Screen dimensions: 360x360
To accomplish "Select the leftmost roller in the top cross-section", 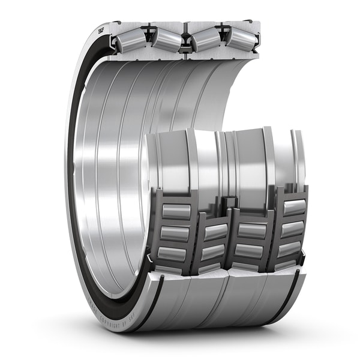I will pyautogui.click(x=130, y=40).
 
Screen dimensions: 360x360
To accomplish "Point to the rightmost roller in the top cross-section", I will pyautogui.click(x=241, y=39).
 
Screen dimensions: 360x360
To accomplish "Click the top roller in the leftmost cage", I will pyautogui.click(x=176, y=211).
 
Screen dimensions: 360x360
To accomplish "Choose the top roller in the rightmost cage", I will pyautogui.click(x=294, y=207).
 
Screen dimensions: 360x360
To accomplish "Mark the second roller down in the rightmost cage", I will pyautogui.click(x=293, y=229).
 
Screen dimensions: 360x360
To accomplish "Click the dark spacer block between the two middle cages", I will pyautogui.click(x=230, y=204).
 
